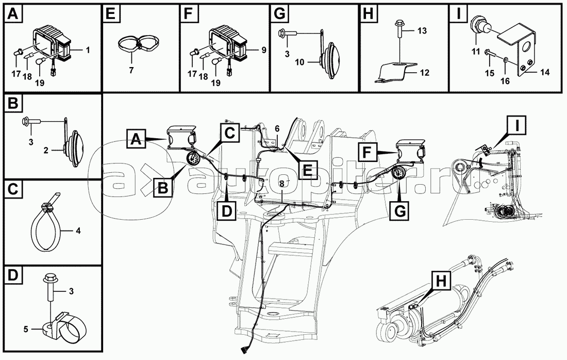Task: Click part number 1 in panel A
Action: [88, 51]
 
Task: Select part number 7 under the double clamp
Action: [131, 70]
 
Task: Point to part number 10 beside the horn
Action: [300, 62]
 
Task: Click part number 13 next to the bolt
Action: [422, 31]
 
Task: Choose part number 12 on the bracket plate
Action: [425, 73]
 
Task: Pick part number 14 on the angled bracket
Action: [545, 72]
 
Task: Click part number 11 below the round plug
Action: [476, 52]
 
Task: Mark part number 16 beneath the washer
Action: [505, 80]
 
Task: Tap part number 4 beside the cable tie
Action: [78, 231]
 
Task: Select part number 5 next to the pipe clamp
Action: [26, 329]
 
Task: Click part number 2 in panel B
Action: [46, 150]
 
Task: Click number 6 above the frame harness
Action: [277, 128]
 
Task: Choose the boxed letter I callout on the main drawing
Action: [516, 125]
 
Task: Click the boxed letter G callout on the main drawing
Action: [400, 210]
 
